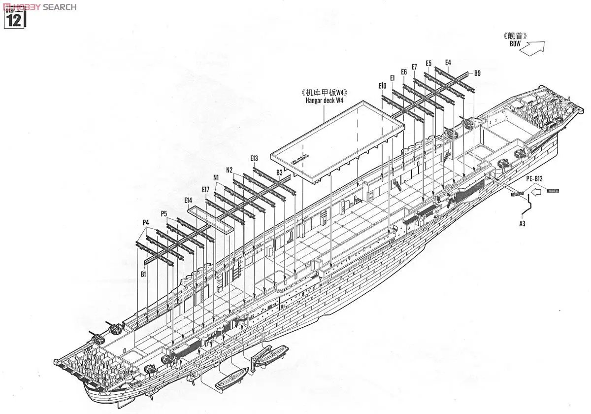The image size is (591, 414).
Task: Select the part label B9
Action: [x=477, y=73]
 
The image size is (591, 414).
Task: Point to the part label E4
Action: [x=448, y=63]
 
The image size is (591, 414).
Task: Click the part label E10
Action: [x=383, y=86]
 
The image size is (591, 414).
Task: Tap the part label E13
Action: [x=254, y=158]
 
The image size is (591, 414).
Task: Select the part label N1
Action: [x=216, y=177]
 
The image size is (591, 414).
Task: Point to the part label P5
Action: [x=164, y=213]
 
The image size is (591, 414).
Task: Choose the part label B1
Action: [x=143, y=274]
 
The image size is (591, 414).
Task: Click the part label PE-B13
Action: [x=533, y=178]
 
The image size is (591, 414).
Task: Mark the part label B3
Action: [x=279, y=172]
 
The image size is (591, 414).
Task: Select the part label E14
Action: [x=188, y=200]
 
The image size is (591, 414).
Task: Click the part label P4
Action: [x=145, y=223]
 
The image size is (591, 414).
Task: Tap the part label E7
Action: [x=414, y=67]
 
